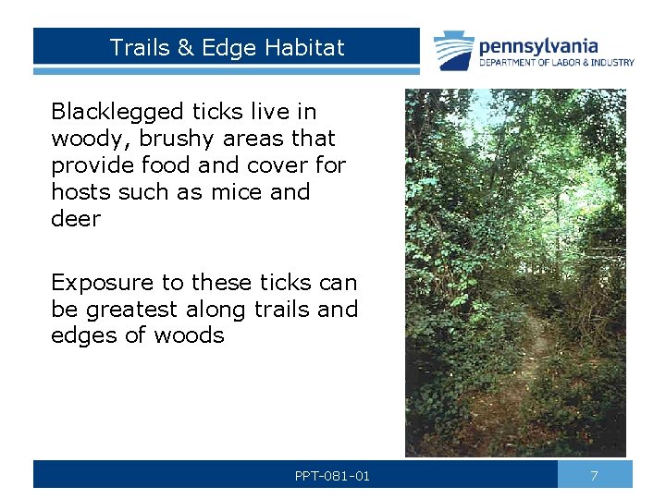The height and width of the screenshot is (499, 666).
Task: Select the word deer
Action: tap(75, 219)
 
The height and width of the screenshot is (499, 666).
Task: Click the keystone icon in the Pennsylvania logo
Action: tap(455, 51)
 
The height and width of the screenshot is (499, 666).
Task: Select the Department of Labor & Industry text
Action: tap(556, 63)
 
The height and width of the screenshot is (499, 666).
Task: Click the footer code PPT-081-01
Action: tap(332, 476)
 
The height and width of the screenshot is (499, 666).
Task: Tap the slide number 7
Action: tap(595, 475)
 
